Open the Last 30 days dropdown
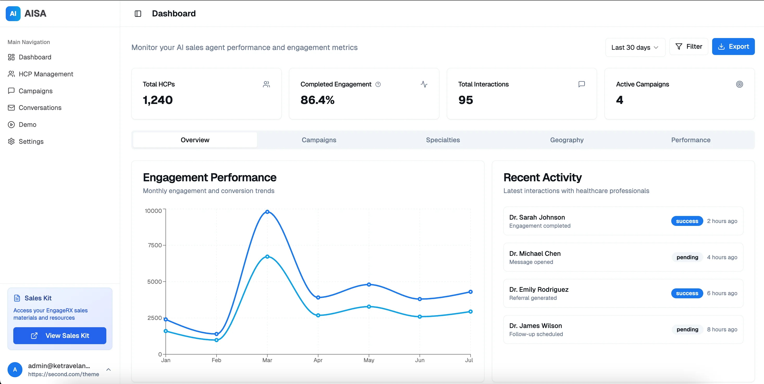click(635, 47)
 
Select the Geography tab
click(566, 140)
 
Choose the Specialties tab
click(442, 140)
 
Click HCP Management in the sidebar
click(46, 74)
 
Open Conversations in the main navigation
click(40, 108)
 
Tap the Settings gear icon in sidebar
click(11, 141)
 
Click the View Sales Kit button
click(60, 336)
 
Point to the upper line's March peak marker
click(267, 212)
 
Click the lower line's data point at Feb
click(217, 340)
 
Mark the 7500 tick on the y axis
click(155, 245)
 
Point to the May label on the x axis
click(369, 360)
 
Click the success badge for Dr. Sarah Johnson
click(687, 221)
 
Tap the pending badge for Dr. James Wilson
click(687, 330)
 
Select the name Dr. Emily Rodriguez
click(539, 289)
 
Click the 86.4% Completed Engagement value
click(317, 100)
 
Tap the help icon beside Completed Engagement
click(378, 84)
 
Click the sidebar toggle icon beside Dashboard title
click(138, 14)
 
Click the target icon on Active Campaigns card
click(740, 84)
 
